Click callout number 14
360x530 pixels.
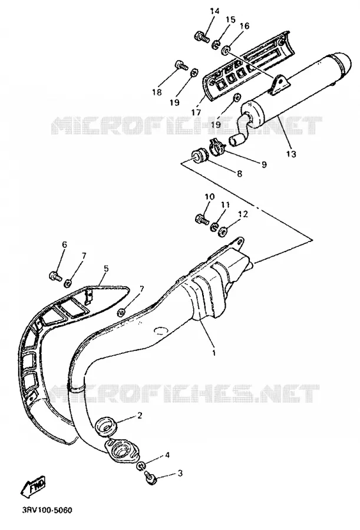click(x=214, y=11)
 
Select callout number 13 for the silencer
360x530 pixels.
click(x=291, y=154)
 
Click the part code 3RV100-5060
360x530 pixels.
click(x=44, y=510)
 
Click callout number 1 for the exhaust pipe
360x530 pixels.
click(x=214, y=353)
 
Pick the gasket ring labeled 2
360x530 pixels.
click(x=106, y=425)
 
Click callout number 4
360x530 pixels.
click(x=167, y=455)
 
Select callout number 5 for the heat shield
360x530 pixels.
click(x=106, y=269)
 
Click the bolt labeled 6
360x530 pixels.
click(x=56, y=276)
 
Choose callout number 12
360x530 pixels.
click(x=243, y=214)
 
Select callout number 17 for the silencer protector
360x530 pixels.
click(x=196, y=112)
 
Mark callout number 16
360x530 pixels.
click(x=245, y=26)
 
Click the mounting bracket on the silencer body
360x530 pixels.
click(x=279, y=84)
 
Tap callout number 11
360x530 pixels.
click(x=225, y=205)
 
